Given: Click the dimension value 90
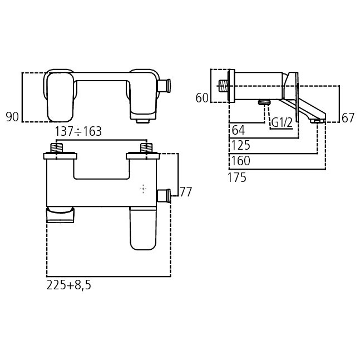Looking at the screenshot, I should (12, 117).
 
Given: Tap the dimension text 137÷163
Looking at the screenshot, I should (78, 132).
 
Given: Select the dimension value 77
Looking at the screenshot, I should (185, 192).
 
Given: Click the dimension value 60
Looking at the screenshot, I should (202, 98).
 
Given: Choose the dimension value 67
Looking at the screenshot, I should (348, 117).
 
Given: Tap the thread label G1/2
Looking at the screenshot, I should (282, 122).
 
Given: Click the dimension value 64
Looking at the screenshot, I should (238, 130).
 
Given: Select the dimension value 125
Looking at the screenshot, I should (240, 146).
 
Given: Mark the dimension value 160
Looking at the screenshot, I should (240, 161).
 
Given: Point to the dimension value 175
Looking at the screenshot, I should (237, 177).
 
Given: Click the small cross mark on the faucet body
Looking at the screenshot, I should (144, 189).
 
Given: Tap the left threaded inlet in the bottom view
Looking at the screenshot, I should (56, 149).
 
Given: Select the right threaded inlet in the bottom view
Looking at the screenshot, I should (146, 149).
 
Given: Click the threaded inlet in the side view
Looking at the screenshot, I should (224, 86).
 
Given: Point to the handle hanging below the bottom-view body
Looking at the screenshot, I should (142, 228).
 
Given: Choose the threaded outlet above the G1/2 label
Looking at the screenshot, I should (264, 102).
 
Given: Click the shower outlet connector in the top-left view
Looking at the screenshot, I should (164, 86).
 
